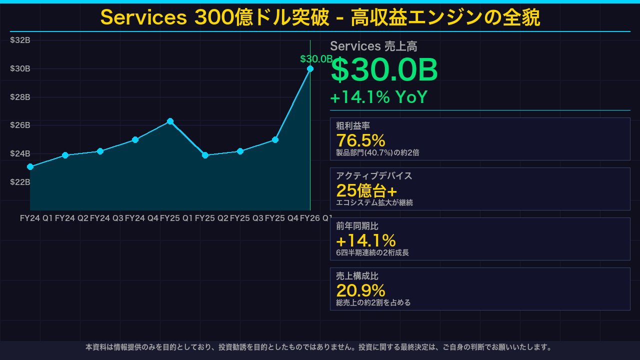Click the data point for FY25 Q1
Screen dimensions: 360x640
point(170,121)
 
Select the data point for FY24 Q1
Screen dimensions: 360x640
point(30,166)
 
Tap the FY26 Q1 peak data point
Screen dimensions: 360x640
point(310,68)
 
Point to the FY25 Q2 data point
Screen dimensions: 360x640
point(205,155)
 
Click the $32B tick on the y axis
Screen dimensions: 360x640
point(20,40)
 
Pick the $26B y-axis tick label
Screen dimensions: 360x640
point(20,125)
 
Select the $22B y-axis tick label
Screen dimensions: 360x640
point(20,182)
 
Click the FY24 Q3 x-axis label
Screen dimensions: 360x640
point(106,218)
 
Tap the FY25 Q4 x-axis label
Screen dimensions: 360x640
point(281,218)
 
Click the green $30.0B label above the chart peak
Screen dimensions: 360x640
point(316,59)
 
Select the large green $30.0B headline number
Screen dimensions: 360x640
point(384,70)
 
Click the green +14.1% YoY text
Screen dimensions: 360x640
point(378,97)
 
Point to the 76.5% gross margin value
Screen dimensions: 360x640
point(360,140)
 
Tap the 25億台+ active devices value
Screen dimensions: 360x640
point(366,190)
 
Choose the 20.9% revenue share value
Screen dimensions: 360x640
point(360,290)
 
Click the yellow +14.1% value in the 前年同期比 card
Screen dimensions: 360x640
point(365,240)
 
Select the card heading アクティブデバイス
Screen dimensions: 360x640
point(374,176)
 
